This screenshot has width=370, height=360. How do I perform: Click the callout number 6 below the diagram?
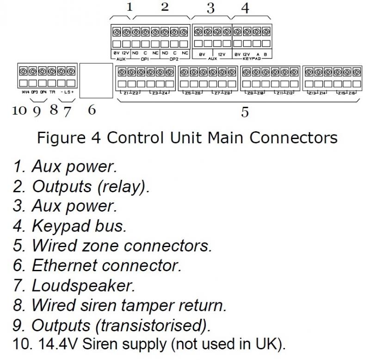click(92, 110)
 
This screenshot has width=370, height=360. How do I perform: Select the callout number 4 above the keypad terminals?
click(246, 8)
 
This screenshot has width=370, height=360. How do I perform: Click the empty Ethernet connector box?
click(96, 81)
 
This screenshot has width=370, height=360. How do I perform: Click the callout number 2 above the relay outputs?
click(165, 7)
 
